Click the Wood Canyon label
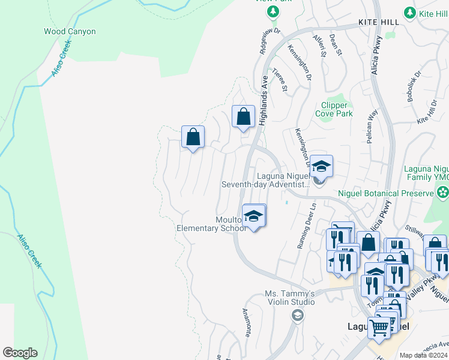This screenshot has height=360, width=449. pos(70,31)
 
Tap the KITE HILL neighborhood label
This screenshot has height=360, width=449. pos(378,22)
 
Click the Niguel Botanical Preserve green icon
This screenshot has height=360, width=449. pos(443,193)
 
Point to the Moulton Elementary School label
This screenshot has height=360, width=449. pos(211,224)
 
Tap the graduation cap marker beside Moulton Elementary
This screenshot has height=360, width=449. pos(254,216)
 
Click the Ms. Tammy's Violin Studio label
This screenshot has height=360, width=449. pos(290,298)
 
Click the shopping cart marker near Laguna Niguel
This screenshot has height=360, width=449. pos(379,328)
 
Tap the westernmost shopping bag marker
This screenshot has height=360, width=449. pos(193,137)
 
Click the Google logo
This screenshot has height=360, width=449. pos(20,353)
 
